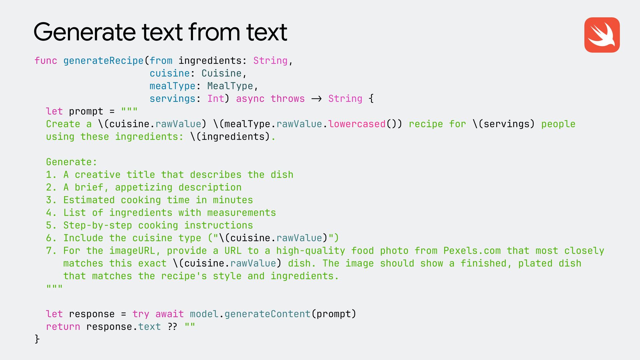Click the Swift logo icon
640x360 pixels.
click(602, 35)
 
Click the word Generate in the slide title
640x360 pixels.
click(84, 32)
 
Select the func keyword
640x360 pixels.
click(46, 61)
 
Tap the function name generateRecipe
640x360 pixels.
click(103, 61)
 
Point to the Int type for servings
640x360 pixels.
click(216, 99)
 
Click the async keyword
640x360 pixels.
click(250, 99)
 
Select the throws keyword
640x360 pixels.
click(287, 99)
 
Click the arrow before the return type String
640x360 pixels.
click(316, 99)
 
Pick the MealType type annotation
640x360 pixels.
click(230, 86)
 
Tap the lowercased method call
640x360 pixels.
click(357, 124)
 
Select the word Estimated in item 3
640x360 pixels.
click(89, 200)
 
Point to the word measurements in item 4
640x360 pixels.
click(241, 213)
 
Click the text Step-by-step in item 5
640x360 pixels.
click(98, 225)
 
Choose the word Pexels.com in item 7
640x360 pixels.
click(472, 251)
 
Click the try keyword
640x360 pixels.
click(141, 314)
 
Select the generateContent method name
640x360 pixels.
click(267, 314)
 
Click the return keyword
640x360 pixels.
click(63, 327)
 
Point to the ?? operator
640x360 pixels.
click(172, 327)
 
